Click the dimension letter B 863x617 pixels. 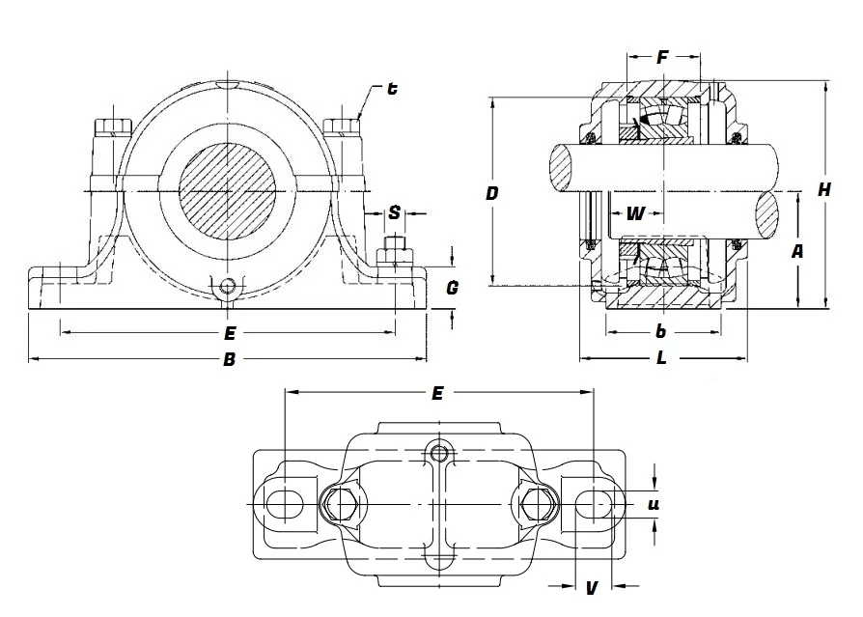point(229,360)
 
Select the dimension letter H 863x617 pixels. point(824,190)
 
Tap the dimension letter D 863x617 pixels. point(492,194)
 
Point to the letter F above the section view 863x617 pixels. point(662,58)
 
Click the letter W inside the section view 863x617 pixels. point(634,213)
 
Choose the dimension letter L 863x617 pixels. point(661,358)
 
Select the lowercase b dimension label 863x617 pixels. point(661,332)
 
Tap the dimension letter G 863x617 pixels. point(452,287)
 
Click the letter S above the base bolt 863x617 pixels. point(395,212)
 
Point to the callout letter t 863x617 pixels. point(392,89)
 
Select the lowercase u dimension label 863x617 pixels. point(654,503)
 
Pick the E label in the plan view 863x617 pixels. point(437,393)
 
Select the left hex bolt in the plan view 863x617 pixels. point(339,502)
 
